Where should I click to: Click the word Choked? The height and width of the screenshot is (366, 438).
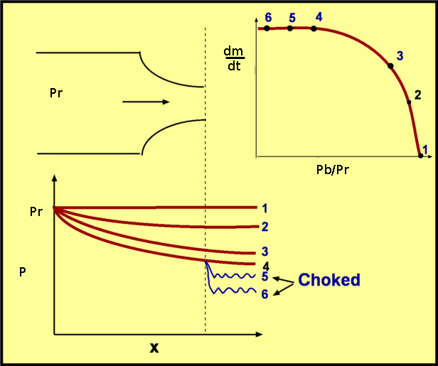(x=329, y=279)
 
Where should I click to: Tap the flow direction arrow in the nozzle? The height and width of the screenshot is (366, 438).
(x=146, y=102)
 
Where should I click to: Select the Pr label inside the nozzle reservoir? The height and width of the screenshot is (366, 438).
(x=57, y=93)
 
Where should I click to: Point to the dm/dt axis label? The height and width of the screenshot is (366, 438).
(x=233, y=59)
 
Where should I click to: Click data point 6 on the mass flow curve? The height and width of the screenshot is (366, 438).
(x=267, y=28)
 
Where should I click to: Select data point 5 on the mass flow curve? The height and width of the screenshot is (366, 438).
(x=290, y=28)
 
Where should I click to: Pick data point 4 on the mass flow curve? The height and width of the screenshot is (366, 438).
(x=314, y=28)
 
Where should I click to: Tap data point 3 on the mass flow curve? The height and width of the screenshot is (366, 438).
(x=390, y=66)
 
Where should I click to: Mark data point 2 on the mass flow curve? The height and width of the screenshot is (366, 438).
(x=409, y=102)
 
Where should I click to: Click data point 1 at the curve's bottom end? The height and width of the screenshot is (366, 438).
(x=421, y=156)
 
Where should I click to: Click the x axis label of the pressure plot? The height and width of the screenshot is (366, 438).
(x=153, y=348)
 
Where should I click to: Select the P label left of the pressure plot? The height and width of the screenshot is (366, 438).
(x=23, y=271)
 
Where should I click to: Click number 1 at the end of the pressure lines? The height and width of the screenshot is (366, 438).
(x=265, y=208)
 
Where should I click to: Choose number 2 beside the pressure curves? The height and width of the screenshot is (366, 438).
(x=265, y=227)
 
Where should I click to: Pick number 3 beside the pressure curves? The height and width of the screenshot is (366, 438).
(x=265, y=252)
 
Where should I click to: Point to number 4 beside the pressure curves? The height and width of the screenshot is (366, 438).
(x=265, y=264)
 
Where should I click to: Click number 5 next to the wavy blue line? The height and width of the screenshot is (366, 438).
(x=265, y=276)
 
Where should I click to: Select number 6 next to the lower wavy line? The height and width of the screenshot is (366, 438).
(x=265, y=292)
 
